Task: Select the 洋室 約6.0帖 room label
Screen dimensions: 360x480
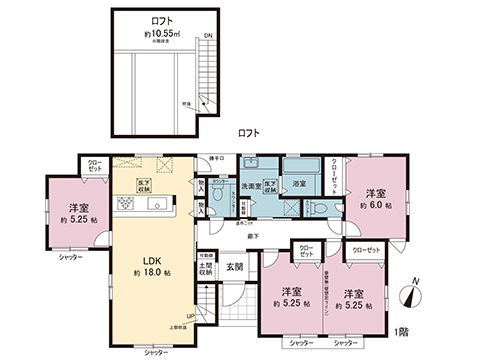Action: [x=375, y=198]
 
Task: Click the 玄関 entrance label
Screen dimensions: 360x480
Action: [x=234, y=265]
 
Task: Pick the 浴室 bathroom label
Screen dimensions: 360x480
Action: [x=299, y=184]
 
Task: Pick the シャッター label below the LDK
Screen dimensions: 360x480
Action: [x=155, y=353]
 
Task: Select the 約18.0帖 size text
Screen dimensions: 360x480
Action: [x=147, y=271]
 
